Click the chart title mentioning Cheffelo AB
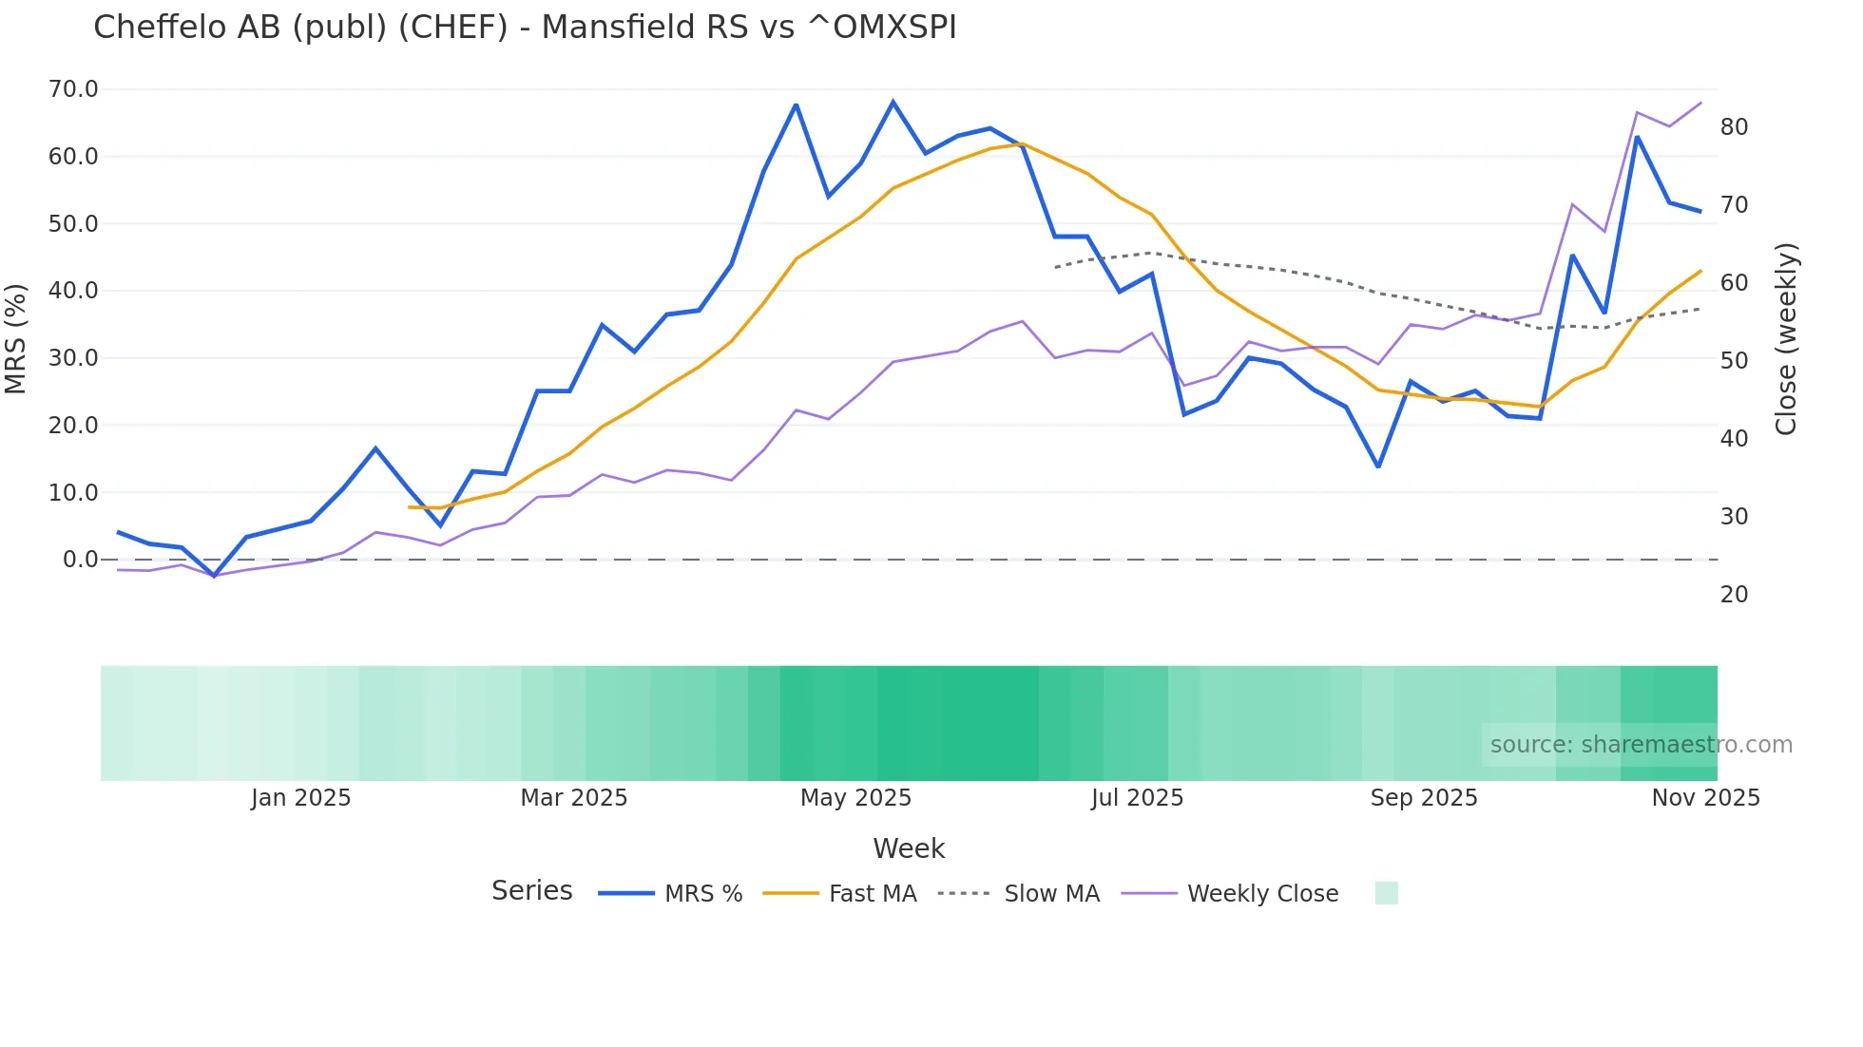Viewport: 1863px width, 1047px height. [x=525, y=28]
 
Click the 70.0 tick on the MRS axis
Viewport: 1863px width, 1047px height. [x=73, y=89]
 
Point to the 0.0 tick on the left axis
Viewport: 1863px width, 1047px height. [x=80, y=560]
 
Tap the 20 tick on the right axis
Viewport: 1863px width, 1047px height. [x=1734, y=595]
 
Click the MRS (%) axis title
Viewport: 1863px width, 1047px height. [x=15, y=338]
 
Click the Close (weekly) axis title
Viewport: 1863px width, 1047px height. [x=1786, y=338]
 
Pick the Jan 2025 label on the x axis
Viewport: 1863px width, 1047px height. [x=300, y=798]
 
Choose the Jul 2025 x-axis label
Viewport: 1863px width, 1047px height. [x=1137, y=798]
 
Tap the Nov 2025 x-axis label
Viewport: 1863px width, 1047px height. [x=1705, y=798]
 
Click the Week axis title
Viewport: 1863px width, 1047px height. [x=909, y=848]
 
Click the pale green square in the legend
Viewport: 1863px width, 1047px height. [x=1386, y=893]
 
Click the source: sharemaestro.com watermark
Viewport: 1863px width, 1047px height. [x=1641, y=745]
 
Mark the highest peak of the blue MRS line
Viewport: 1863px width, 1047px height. [x=893, y=102]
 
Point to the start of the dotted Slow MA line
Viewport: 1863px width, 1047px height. [x=1055, y=268]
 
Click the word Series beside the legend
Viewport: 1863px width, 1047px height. [x=531, y=891]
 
